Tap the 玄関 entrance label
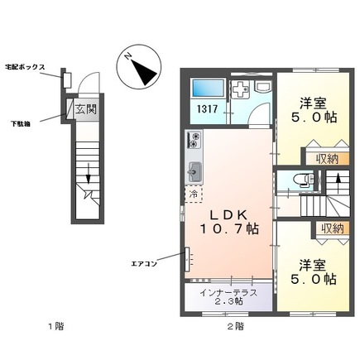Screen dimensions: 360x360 [85, 109]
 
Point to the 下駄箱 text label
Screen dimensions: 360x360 [23, 122]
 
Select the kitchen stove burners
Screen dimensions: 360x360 [197, 141]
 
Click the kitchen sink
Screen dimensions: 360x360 [197, 171]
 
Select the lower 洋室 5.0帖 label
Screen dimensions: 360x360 [318, 273]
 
